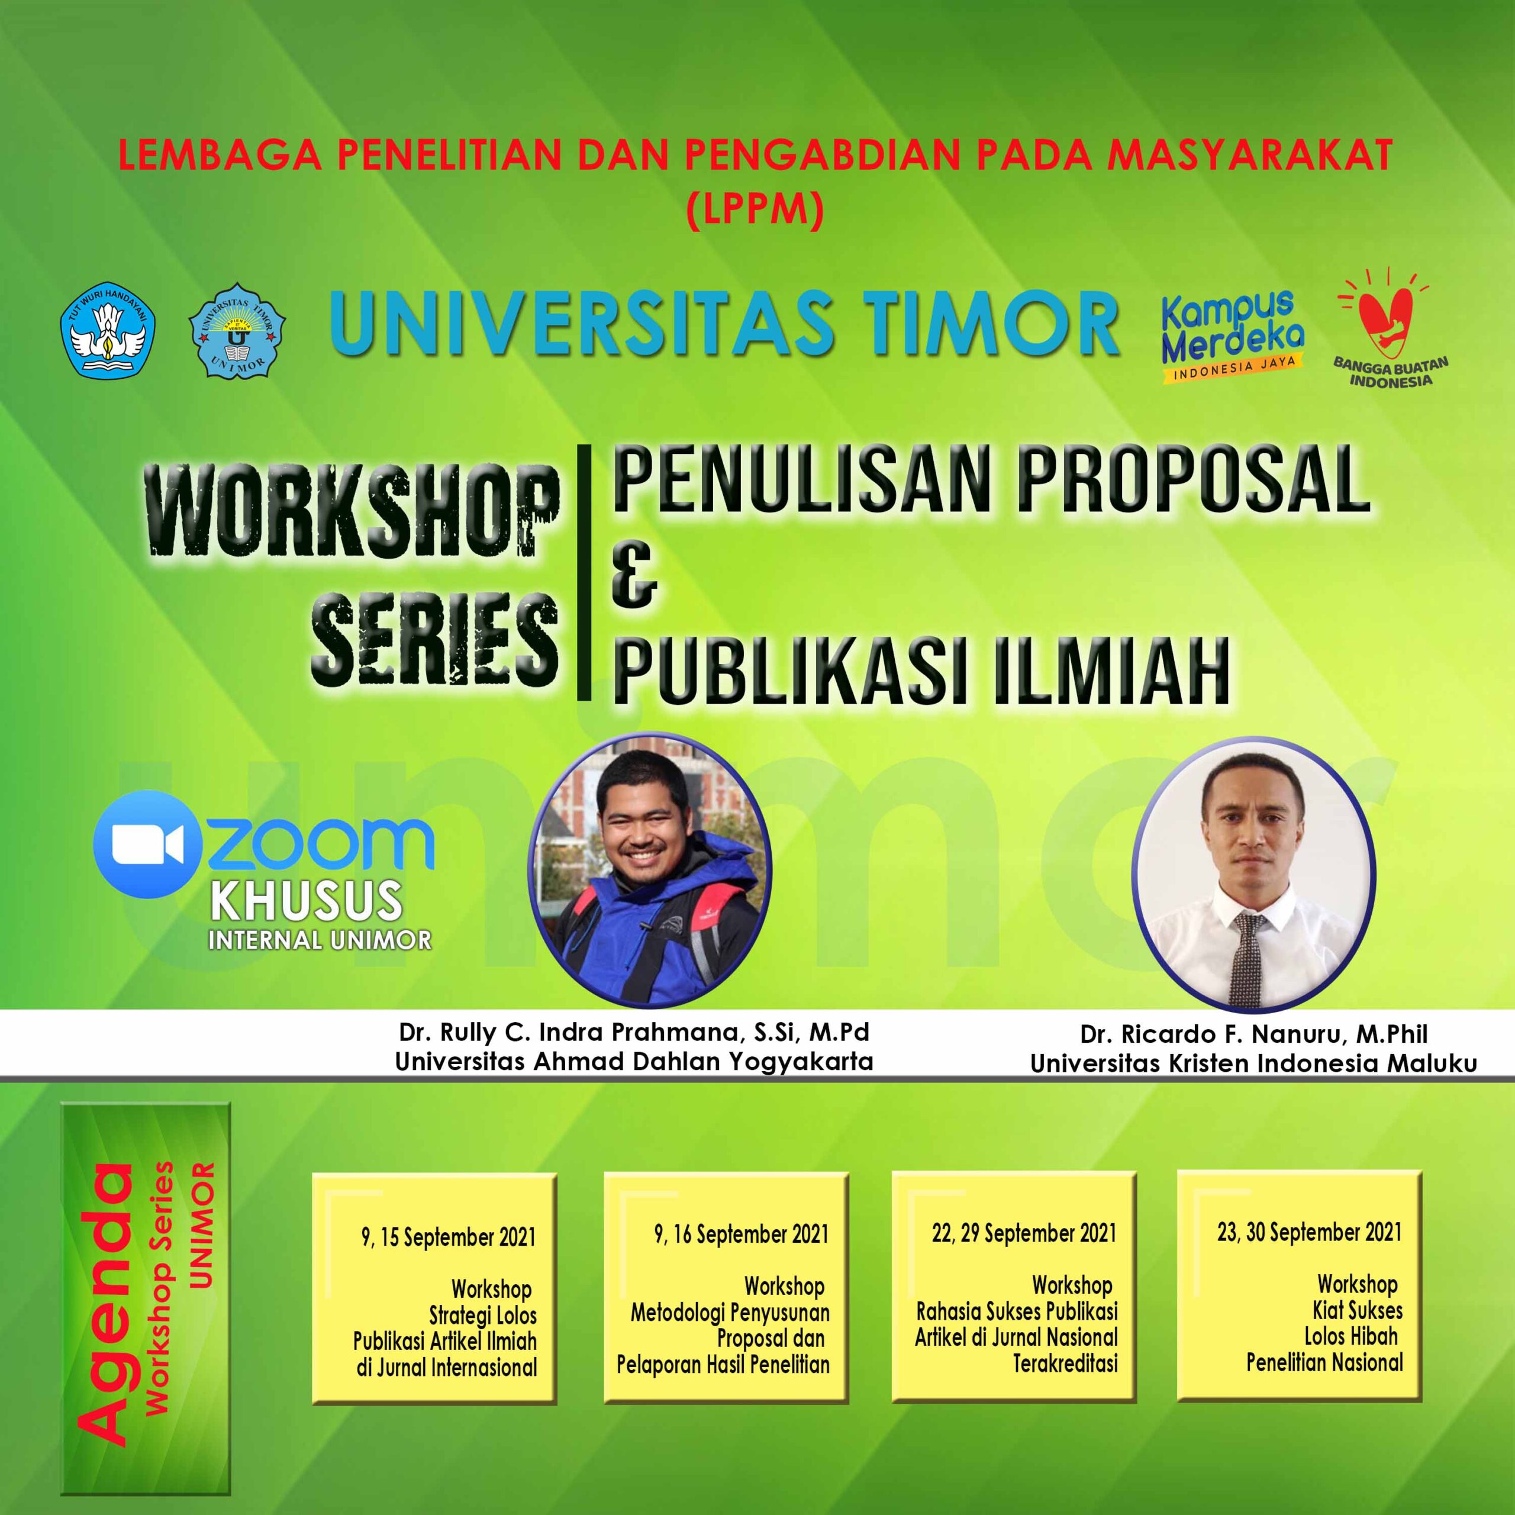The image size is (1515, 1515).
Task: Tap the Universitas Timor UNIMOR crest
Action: pyautogui.click(x=237, y=330)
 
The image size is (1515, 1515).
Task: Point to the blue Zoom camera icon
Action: pyautogui.click(x=147, y=844)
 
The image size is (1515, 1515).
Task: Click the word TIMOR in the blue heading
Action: pyautogui.click(x=985, y=324)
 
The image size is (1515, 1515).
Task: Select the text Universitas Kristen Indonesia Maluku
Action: pyautogui.click(x=1253, y=1063)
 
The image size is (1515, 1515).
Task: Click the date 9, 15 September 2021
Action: pyautogui.click(x=448, y=1237)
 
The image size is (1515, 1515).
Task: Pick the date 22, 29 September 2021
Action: pyautogui.click(x=1023, y=1233)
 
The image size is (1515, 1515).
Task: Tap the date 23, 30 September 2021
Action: pyautogui.click(x=1309, y=1232)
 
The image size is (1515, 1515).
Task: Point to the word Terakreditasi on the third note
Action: pyautogui.click(x=1065, y=1363)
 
